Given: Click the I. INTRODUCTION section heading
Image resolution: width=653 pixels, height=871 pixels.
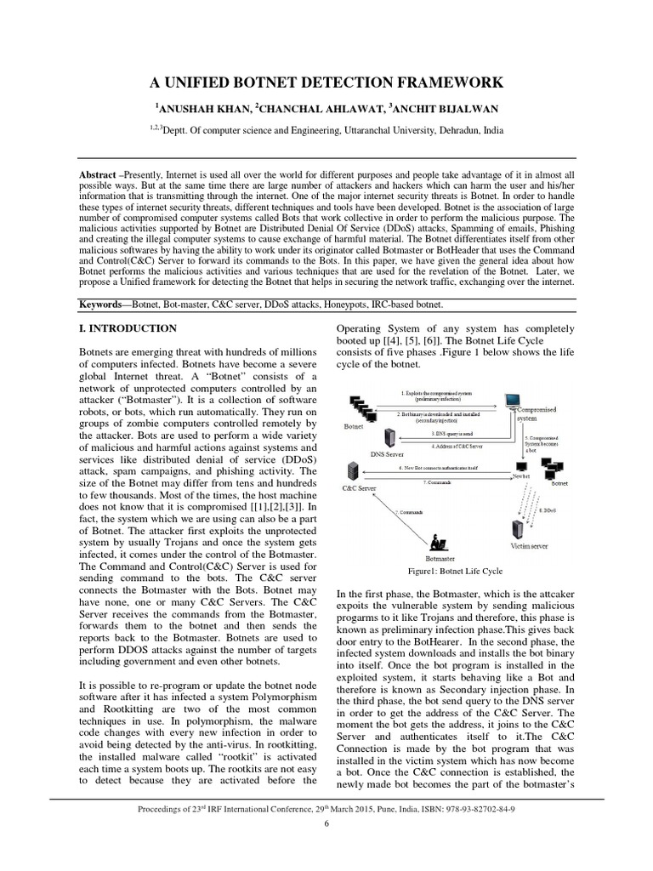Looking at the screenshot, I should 128,328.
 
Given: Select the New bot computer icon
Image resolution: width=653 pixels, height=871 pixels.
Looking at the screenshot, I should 521,466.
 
